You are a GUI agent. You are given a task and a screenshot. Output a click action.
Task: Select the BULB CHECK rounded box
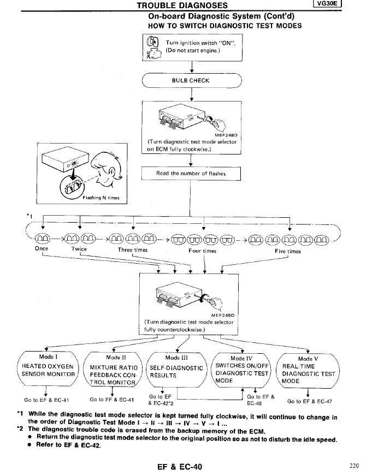coord(192,80)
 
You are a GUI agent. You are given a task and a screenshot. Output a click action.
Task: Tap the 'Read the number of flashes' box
coord(191,173)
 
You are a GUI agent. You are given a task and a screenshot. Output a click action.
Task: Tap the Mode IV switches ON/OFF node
coord(241,368)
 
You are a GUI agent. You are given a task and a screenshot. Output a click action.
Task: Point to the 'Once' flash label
coord(42,248)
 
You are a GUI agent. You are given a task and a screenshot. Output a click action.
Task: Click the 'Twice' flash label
coord(79,248)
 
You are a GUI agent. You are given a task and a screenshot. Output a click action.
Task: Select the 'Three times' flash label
coord(133,250)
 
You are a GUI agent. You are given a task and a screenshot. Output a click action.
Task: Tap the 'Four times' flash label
coord(202,251)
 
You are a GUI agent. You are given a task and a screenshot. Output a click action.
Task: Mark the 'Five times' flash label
coord(288,251)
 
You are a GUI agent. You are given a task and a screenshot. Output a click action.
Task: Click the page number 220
coord(354,466)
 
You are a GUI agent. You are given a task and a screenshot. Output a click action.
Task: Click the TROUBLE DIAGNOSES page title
coord(182,5)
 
